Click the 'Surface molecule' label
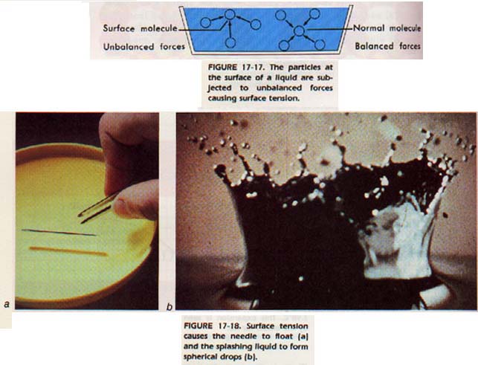(x=140, y=28)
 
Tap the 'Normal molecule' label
(x=387, y=28)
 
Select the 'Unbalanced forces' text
(x=144, y=47)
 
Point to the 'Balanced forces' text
(x=387, y=46)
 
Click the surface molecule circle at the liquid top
(x=230, y=14)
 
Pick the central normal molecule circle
(x=299, y=30)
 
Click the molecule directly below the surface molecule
(x=230, y=42)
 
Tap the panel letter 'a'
(x=7, y=304)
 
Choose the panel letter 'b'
(x=169, y=306)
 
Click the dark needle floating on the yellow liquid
(x=59, y=233)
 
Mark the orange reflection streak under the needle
(x=68, y=251)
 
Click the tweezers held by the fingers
(x=97, y=207)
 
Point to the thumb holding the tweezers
(x=135, y=200)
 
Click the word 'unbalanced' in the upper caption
(x=279, y=88)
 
